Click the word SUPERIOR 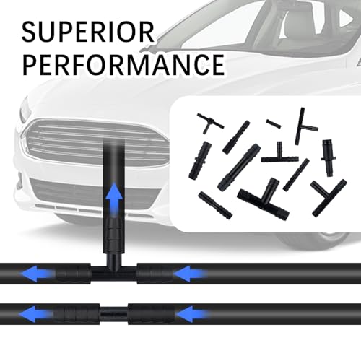[88, 32]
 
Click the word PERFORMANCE [123, 65]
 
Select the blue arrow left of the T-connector [37, 274]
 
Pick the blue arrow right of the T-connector [191, 274]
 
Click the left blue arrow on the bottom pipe [35, 314]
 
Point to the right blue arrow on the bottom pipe [193, 314]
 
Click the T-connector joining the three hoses [114, 269]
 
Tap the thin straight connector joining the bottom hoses [113, 313]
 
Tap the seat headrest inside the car [295, 23]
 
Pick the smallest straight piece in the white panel [274, 123]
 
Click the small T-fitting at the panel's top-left [210, 121]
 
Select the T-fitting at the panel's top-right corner [304, 126]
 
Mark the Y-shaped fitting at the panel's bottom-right [329, 197]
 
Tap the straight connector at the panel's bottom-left [215, 205]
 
